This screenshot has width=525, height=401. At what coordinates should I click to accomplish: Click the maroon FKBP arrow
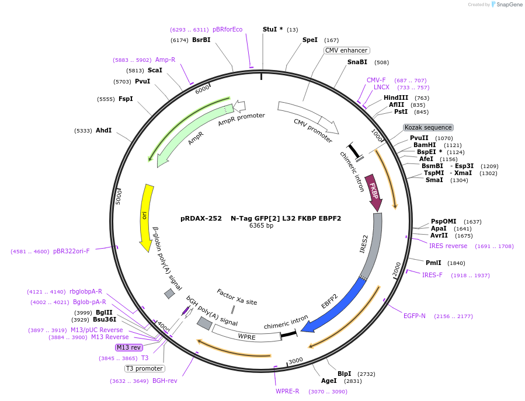point(373,191)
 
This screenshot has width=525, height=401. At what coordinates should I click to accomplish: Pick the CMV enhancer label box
point(346,50)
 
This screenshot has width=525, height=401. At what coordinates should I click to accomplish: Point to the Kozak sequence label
point(428,127)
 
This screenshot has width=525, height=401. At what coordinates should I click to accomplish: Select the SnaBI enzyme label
point(357,62)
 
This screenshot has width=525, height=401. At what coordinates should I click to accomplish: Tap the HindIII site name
point(396,97)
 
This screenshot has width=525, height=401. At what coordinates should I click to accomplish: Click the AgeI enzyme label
point(329,381)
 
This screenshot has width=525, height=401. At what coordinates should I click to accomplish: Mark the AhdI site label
point(103,130)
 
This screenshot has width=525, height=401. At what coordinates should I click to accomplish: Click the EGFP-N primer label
point(414,316)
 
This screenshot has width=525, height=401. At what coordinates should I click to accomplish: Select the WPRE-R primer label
point(287,391)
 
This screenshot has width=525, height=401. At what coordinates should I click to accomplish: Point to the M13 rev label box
point(128,347)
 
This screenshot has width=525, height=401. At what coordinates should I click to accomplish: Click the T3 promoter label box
point(144,368)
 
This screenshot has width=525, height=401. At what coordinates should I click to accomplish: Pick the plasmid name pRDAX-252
point(201,218)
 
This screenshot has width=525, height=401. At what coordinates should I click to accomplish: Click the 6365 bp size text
point(261,225)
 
